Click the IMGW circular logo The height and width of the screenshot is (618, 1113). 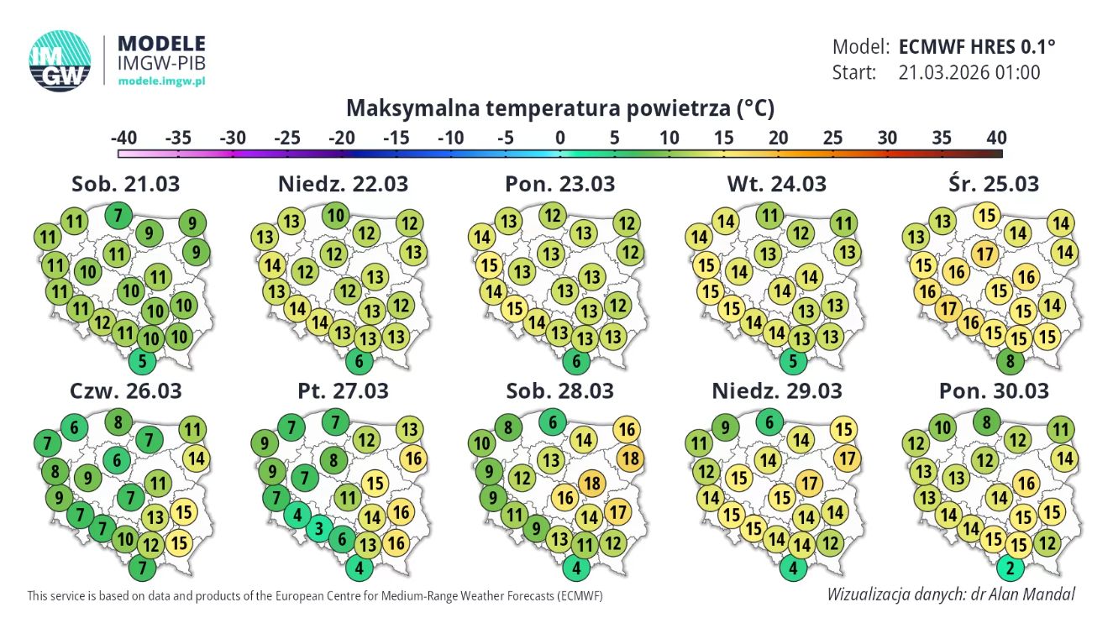pyautogui.click(x=60, y=60)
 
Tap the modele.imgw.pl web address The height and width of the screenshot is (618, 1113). pyautogui.click(x=162, y=81)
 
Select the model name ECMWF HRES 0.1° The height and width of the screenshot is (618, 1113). pyautogui.click(x=976, y=46)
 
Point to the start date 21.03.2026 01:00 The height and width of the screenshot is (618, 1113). pyautogui.click(x=969, y=72)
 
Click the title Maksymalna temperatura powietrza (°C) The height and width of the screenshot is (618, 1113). pyautogui.click(x=560, y=108)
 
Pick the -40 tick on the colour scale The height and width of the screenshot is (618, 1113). pyautogui.click(x=123, y=138)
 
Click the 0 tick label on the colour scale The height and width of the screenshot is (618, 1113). pyautogui.click(x=559, y=138)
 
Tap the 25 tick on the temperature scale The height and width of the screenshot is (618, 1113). pyautogui.click(x=832, y=138)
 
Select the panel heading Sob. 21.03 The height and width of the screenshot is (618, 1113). pyautogui.click(x=126, y=183)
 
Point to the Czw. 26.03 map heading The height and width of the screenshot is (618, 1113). pyautogui.click(x=126, y=390)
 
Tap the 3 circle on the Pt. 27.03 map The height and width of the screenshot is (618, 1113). pyautogui.click(x=318, y=529)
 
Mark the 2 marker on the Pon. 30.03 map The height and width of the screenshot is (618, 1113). pyautogui.click(x=1010, y=569)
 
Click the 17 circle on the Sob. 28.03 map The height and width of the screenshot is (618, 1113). pyautogui.click(x=618, y=511)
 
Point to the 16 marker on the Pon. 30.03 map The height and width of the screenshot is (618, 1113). pyautogui.click(x=1025, y=483)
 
